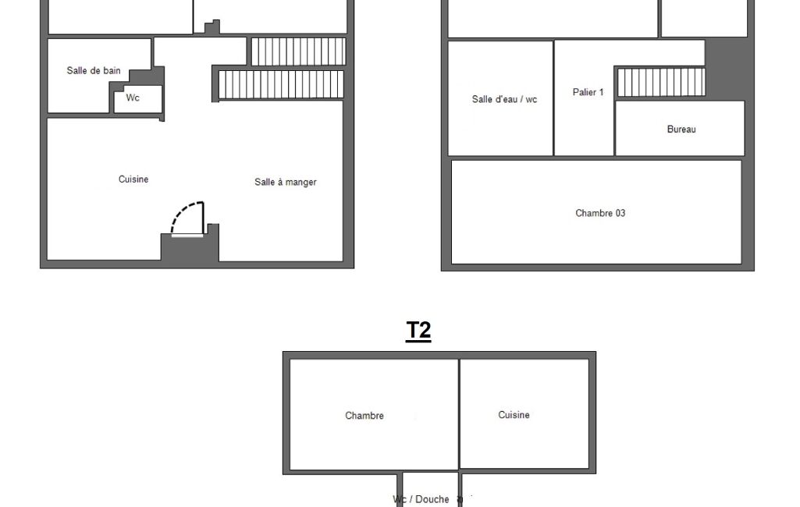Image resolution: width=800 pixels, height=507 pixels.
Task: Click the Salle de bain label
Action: [94, 70]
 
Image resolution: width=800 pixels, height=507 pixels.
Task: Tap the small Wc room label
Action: [133, 97]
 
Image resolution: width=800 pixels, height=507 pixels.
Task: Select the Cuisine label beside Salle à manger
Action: [133, 179]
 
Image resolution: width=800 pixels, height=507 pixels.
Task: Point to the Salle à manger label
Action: [285, 182]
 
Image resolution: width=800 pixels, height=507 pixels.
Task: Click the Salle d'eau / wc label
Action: [504, 99]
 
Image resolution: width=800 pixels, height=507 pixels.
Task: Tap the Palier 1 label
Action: [588, 92]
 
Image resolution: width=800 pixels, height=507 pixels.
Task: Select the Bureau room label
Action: [681, 129]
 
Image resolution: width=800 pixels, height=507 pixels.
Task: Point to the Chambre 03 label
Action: [600, 213]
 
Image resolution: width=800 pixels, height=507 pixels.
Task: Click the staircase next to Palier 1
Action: [661, 82]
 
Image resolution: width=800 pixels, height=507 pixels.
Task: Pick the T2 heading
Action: [418, 331]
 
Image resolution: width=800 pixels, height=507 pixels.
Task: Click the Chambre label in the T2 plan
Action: [364, 415]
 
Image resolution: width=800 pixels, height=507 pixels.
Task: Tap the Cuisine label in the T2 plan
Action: [514, 415]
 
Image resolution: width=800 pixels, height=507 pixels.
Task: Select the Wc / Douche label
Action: [421, 499]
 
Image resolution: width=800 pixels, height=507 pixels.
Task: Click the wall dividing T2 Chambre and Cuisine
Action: [459, 414]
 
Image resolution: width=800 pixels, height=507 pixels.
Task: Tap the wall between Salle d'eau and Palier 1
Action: [553, 98]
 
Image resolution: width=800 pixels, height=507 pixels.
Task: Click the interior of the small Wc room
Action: [137, 99]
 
